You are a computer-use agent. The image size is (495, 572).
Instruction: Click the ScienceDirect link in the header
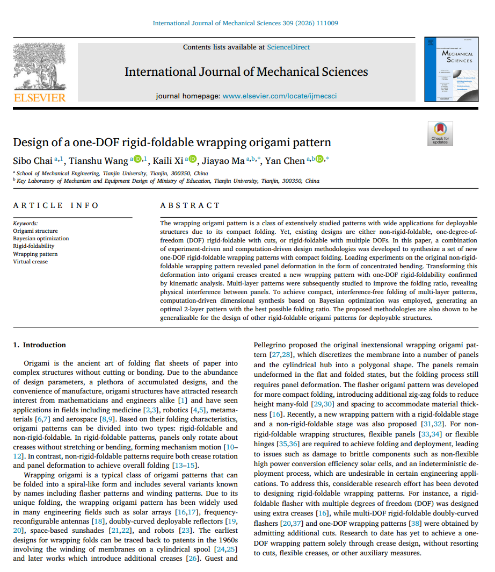coord(288,47)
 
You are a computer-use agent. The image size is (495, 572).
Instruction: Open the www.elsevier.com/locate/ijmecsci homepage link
coord(280,96)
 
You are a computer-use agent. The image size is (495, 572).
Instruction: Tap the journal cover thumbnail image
coord(452,70)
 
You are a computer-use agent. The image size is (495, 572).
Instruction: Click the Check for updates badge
coord(440,133)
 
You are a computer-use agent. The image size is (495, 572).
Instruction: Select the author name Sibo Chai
coord(33,161)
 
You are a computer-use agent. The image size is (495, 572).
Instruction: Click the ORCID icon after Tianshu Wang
coord(137,159)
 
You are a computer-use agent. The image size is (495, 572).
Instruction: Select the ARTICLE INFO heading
coord(56,205)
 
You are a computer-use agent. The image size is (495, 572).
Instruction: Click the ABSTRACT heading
coord(190,205)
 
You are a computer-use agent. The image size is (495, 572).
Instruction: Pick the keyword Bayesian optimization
coord(41,238)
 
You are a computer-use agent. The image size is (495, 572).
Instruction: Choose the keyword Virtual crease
coord(30,261)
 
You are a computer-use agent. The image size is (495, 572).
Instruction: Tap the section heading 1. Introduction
coord(39,345)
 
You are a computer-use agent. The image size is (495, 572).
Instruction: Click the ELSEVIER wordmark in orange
coord(39,98)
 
